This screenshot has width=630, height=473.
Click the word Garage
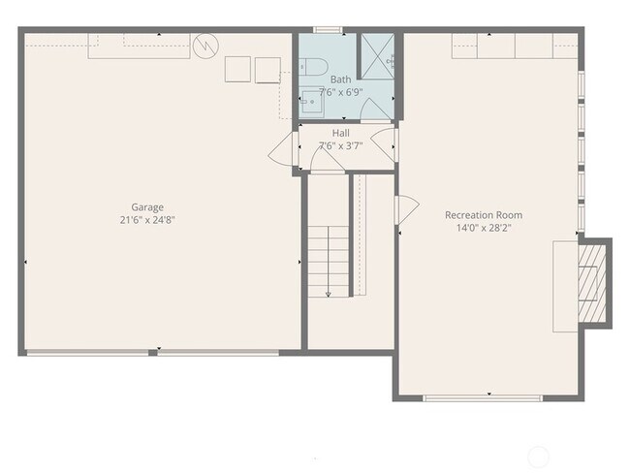tap(147, 206)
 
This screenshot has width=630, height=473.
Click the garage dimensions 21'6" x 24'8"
tap(147, 220)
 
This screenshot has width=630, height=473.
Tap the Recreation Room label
tap(484, 214)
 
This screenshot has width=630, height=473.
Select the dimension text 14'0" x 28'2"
tap(484, 228)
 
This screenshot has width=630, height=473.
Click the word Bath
tap(341, 79)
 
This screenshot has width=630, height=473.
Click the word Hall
tap(341, 133)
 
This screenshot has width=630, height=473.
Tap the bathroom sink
tap(310, 100)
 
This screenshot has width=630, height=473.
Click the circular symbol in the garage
tap(206, 46)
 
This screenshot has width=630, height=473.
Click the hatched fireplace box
tap(590, 280)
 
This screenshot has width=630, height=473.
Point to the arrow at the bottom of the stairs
tap(329, 292)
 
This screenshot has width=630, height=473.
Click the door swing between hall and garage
tap(284, 150)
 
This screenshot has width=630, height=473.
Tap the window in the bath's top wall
tap(327, 30)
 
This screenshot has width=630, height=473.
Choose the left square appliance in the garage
tap(237, 70)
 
